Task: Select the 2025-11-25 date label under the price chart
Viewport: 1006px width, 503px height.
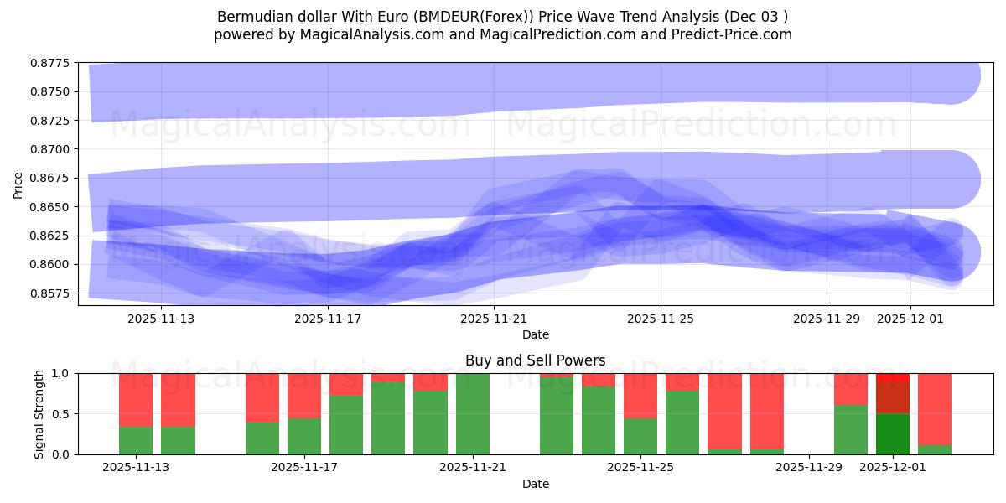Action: (x=661, y=319)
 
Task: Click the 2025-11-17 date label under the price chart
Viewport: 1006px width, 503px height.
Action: (x=328, y=319)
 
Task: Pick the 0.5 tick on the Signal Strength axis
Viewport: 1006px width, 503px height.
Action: (x=63, y=414)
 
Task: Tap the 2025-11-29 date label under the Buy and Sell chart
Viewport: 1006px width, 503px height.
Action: (x=809, y=468)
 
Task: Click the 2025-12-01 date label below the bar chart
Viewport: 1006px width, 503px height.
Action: (x=893, y=468)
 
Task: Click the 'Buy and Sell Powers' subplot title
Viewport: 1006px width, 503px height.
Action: (x=535, y=360)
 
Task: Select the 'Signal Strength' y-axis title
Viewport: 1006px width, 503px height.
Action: (x=39, y=413)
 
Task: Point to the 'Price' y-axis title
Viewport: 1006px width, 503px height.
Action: (x=18, y=184)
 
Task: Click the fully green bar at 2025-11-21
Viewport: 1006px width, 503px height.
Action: (x=473, y=414)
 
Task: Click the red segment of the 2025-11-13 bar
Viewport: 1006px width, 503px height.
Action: (x=136, y=399)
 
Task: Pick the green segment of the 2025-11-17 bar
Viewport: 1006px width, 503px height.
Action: (x=304, y=436)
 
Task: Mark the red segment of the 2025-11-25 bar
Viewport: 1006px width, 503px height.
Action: (x=640, y=395)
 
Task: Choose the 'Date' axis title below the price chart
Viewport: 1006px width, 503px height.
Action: (x=535, y=334)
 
